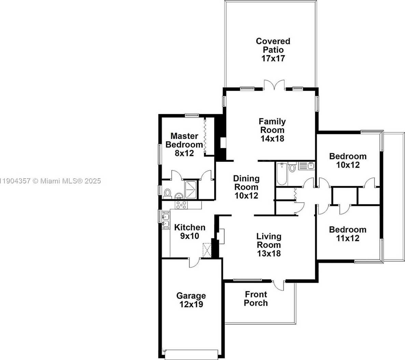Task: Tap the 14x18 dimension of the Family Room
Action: click(272, 139)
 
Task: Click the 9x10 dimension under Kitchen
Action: click(189, 236)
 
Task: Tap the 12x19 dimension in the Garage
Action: click(191, 304)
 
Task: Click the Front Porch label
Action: click(256, 299)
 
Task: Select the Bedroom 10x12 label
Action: click(348, 161)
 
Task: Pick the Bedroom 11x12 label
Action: click(348, 234)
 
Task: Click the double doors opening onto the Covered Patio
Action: click(274, 85)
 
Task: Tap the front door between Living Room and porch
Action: click(279, 285)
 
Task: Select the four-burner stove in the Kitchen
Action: click(181, 205)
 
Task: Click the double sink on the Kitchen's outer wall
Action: click(166, 220)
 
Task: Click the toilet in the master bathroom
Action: click(167, 193)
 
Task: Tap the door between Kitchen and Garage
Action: click(194, 262)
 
